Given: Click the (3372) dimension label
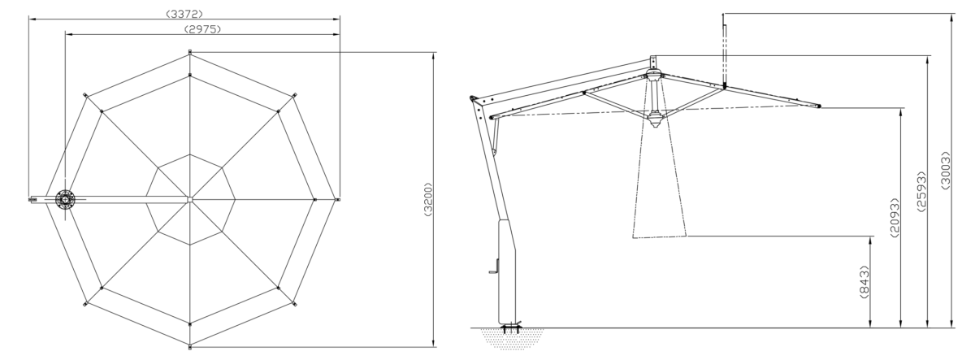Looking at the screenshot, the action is pos(185,14).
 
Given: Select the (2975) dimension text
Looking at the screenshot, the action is pos(203,29).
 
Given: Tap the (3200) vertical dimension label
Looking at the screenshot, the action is pos(428,199).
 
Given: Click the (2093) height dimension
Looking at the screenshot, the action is pos(895,218).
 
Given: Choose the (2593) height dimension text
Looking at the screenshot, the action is pos(921,192).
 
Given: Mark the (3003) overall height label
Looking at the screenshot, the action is pos(946,170).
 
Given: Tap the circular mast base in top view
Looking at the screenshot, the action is pos(65,200).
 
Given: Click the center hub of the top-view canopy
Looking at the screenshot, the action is pos(190,199).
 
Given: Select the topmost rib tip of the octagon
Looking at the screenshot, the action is pos(190,52).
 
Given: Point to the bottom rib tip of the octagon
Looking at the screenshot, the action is pos(190,347).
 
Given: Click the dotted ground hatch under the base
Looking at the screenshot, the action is pos(513,338).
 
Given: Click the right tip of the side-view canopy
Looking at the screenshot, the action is pos(819,106).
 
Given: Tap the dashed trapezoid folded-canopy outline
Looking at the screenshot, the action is pos(660,182).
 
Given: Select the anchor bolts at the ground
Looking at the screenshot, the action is pos(511,327).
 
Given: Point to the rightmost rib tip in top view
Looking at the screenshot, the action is pos(338,199).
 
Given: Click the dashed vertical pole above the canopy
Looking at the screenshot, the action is pos(724,54).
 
